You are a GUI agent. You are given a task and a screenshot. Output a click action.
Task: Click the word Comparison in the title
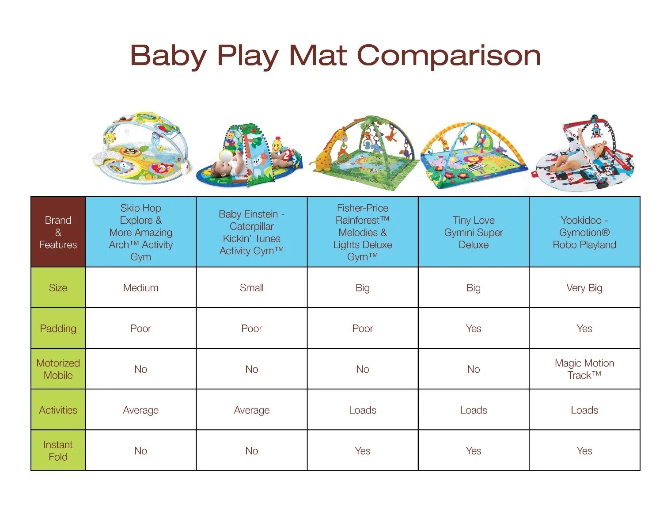(x=448, y=56)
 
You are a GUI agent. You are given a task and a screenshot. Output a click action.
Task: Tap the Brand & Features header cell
(x=58, y=232)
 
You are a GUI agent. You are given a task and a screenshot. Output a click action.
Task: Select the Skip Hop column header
(x=140, y=232)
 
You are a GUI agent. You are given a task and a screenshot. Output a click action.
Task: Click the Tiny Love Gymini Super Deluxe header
(x=473, y=232)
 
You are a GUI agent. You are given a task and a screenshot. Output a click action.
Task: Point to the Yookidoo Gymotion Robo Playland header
(x=584, y=232)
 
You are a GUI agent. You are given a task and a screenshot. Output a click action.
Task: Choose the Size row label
(x=58, y=288)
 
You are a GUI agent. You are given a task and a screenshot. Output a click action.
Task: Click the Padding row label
(x=58, y=328)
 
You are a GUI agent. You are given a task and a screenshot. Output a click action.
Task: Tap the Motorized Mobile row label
(x=58, y=369)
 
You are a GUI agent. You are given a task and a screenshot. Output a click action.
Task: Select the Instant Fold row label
(x=58, y=450)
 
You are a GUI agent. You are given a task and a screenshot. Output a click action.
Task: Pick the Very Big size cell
(x=584, y=288)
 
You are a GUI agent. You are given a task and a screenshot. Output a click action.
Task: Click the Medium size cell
(x=140, y=288)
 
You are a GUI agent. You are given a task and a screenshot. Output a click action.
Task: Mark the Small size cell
(x=251, y=288)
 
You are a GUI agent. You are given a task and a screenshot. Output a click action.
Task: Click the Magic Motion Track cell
(x=584, y=369)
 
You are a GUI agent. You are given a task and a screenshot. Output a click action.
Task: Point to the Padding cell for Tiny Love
(x=473, y=328)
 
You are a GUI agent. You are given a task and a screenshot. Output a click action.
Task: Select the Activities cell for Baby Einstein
(x=251, y=410)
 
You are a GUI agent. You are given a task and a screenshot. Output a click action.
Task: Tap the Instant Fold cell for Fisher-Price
(x=362, y=450)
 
